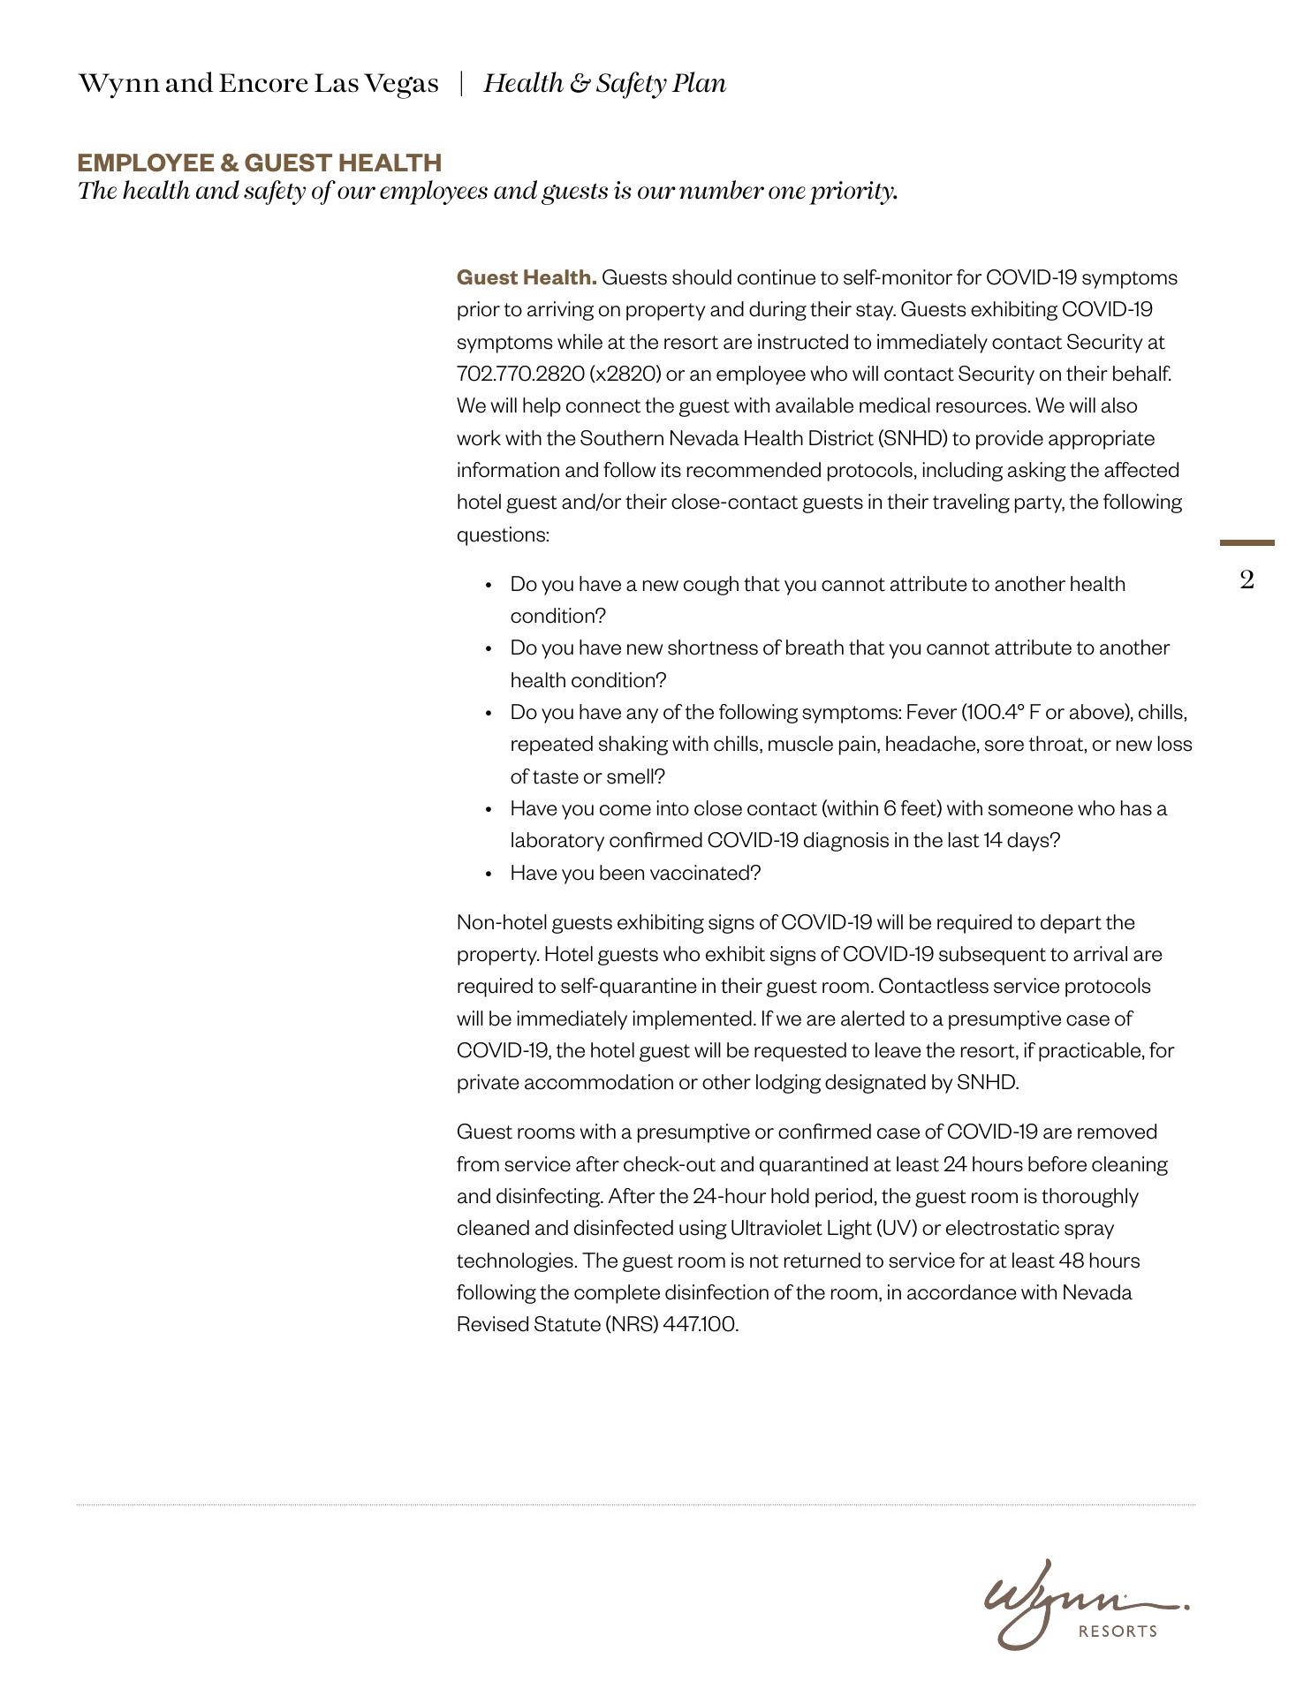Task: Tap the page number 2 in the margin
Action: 1247,580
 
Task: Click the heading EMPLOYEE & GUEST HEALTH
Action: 259,163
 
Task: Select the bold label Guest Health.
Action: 527,277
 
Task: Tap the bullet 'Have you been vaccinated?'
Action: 635,873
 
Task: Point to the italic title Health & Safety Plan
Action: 604,83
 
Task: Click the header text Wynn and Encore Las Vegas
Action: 258,83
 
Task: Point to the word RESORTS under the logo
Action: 1118,1632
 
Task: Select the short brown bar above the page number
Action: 1247,542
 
